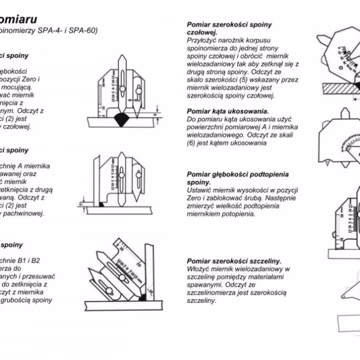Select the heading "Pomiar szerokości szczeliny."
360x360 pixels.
coord(234,260)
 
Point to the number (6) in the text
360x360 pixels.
coord(193,143)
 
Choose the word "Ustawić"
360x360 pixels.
coord(199,189)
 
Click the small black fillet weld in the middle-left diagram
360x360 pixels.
coord(103,205)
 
